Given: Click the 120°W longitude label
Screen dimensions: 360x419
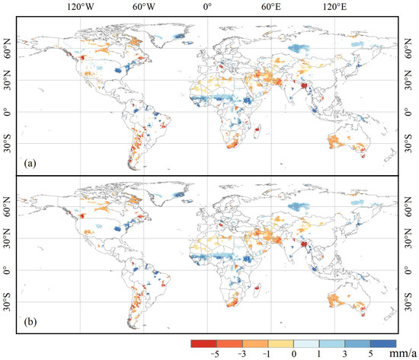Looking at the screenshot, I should tap(81, 8).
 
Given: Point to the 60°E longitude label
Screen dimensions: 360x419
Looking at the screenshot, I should tap(270, 8).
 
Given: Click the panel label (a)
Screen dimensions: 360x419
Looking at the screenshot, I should tap(30, 162).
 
